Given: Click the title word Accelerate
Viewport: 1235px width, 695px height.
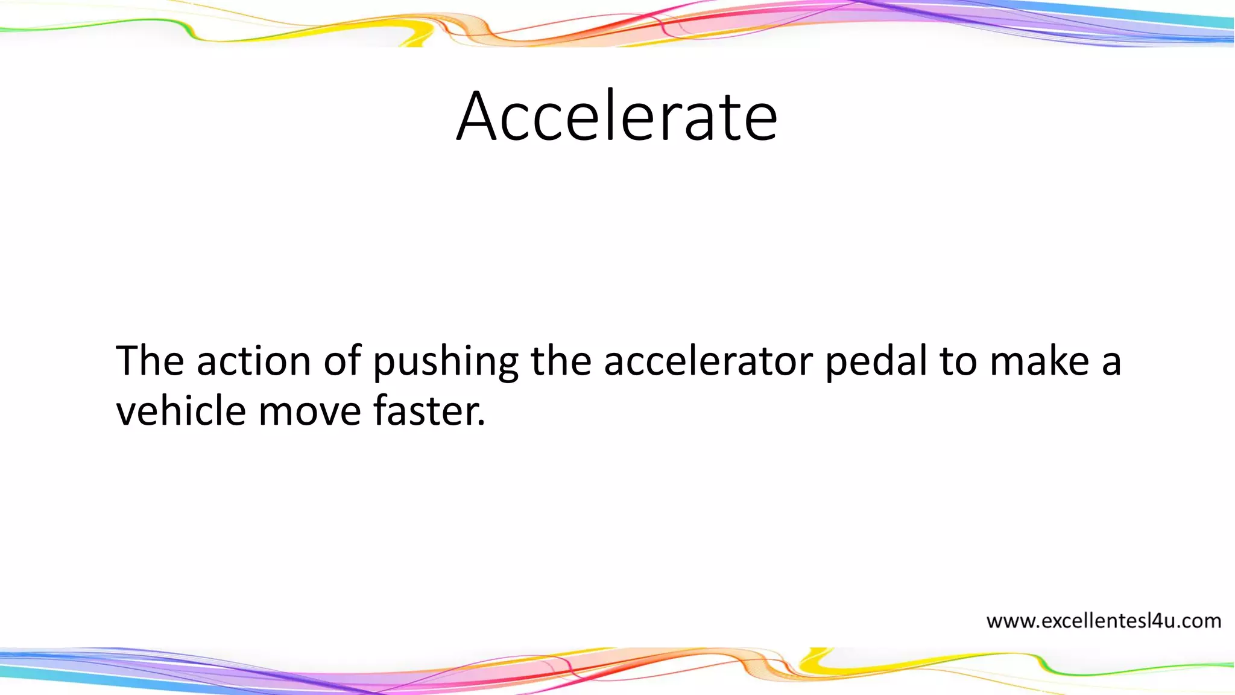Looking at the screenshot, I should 616,116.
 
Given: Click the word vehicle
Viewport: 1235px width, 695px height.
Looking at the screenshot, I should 181,411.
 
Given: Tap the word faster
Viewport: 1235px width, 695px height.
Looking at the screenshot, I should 425,411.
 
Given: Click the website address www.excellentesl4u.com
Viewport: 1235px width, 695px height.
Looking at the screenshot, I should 1104,621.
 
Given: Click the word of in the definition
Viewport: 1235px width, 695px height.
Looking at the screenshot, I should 342,361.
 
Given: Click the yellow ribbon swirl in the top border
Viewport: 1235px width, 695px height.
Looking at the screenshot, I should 416,34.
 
